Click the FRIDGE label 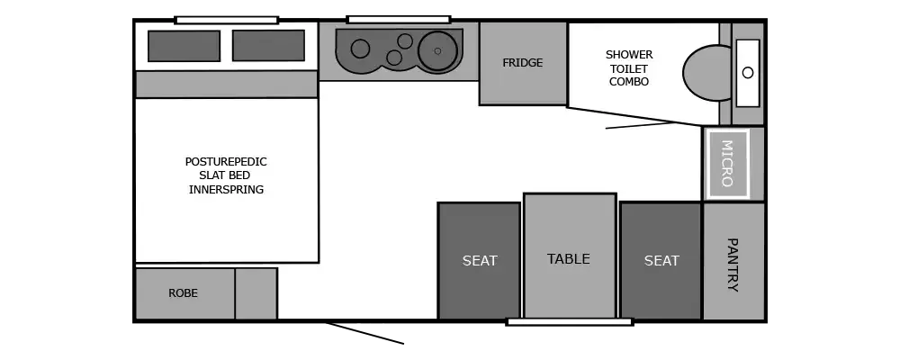pyautogui.click(x=523, y=63)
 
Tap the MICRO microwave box pyautogui.click(x=727, y=163)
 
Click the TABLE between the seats pyautogui.click(x=569, y=258)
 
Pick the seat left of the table pyautogui.click(x=479, y=261)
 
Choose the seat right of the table pyautogui.click(x=661, y=261)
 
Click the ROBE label pyautogui.click(x=183, y=293)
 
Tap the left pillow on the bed pyautogui.click(x=184, y=46)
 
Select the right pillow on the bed pyautogui.click(x=268, y=45)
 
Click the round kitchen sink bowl pyautogui.click(x=438, y=49)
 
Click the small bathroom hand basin pyautogui.click(x=748, y=72)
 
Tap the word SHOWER pyautogui.click(x=629, y=55)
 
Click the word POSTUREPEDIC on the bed pyautogui.click(x=226, y=162)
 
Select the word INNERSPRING pyautogui.click(x=226, y=190)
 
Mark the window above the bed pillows pyautogui.click(x=226, y=19)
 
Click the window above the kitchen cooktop pyautogui.click(x=399, y=19)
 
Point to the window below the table pyautogui.click(x=570, y=321)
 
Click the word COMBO pyautogui.click(x=629, y=82)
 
